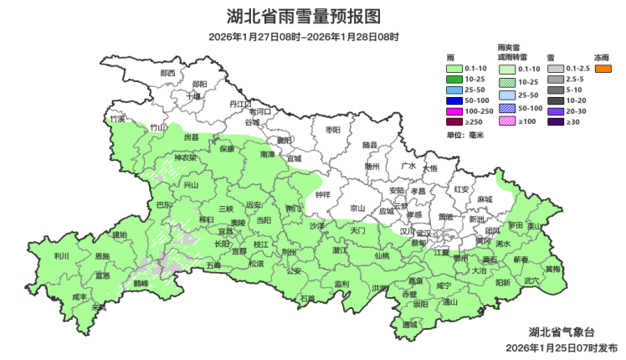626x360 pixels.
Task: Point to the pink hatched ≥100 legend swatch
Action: [x=507, y=122]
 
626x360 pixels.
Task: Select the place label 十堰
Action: [x=193, y=95]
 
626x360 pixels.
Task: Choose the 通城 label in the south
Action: [x=409, y=325]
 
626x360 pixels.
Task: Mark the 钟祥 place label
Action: [x=322, y=194]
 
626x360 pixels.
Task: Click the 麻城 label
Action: [x=485, y=199]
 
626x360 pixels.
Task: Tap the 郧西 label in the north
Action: [x=167, y=73]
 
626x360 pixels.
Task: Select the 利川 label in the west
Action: [x=62, y=256]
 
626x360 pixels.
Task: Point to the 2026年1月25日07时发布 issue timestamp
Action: [x=562, y=347]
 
